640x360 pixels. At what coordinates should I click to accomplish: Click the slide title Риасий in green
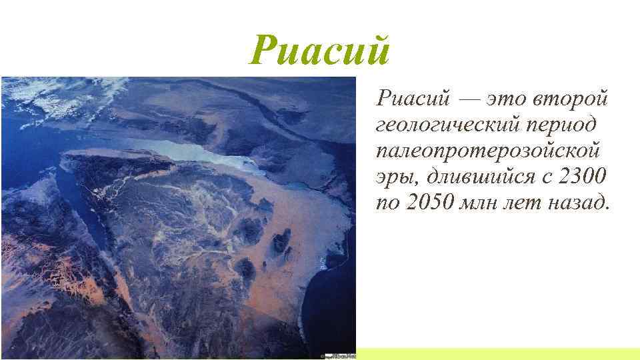click(x=319, y=51)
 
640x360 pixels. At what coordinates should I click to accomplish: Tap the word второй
click(x=571, y=99)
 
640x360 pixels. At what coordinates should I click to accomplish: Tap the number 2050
click(x=429, y=203)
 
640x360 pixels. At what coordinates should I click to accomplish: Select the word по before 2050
click(x=386, y=203)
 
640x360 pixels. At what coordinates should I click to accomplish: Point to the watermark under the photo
click(x=338, y=355)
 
